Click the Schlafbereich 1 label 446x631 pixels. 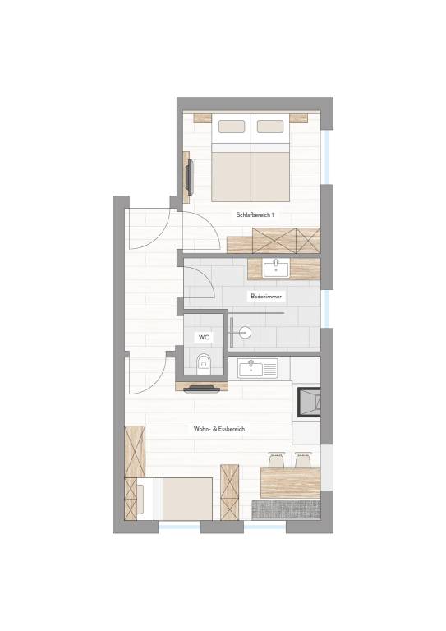[255, 215]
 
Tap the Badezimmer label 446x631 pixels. [266, 296]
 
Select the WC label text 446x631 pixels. [204, 337]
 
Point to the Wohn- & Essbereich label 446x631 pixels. [219, 429]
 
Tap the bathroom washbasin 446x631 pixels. [276, 269]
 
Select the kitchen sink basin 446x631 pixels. [250, 369]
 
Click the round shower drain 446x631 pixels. [245, 333]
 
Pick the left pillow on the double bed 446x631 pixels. [232, 127]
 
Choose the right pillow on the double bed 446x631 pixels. [270, 127]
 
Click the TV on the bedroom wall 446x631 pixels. [190, 177]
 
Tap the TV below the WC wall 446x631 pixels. [202, 389]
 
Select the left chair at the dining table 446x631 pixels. [277, 460]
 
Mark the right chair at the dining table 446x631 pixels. [303, 460]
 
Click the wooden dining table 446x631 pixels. [291, 483]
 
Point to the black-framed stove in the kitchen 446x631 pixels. [309, 402]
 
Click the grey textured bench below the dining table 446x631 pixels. [286, 509]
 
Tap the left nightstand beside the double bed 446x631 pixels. [203, 118]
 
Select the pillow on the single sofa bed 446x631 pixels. [140, 500]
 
